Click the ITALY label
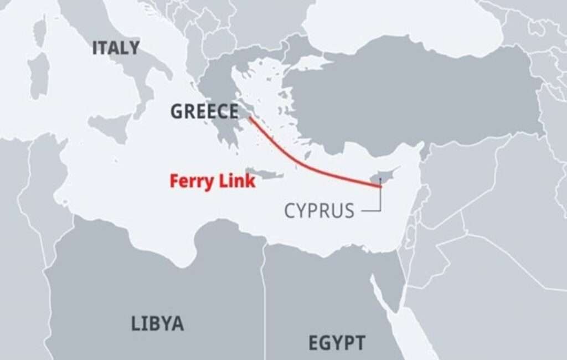pyautogui.click(x=116, y=48)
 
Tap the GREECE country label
pyautogui.click(x=204, y=111)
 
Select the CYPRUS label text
pyautogui.click(x=319, y=210)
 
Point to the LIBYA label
pyautogui.click(x=157, y=323)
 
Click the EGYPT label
pyautogui.click(x=337, y=342)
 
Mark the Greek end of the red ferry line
pyautogui.click(x=249, y=118)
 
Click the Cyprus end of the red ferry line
pyautogui.click(x=381, y=187)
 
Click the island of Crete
pyautogui.click(x=265, y=174)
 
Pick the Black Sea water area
pyautogui.click(x=388, y=22)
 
